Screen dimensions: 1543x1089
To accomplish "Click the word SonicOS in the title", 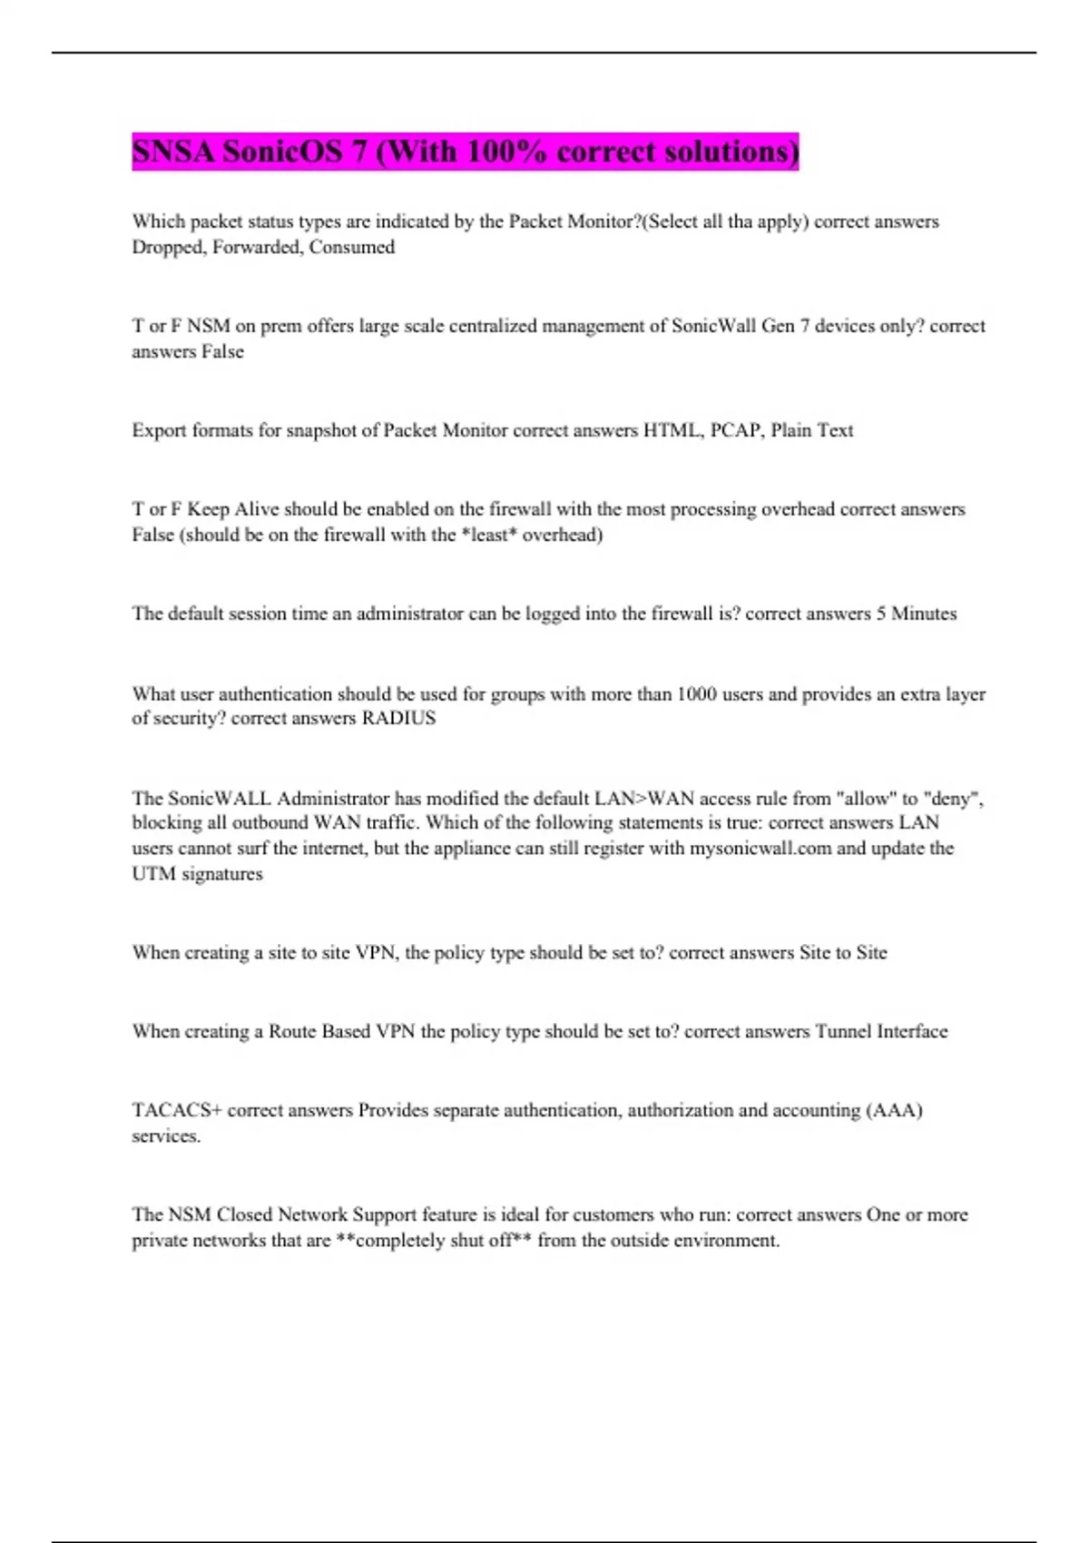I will (282, 151).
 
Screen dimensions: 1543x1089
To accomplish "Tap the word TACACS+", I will (177, 1110).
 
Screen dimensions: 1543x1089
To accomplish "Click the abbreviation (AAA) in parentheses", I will (894, 1110).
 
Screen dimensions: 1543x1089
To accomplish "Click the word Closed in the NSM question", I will (244, 1214).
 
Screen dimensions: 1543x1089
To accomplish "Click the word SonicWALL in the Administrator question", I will (219, 799).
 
